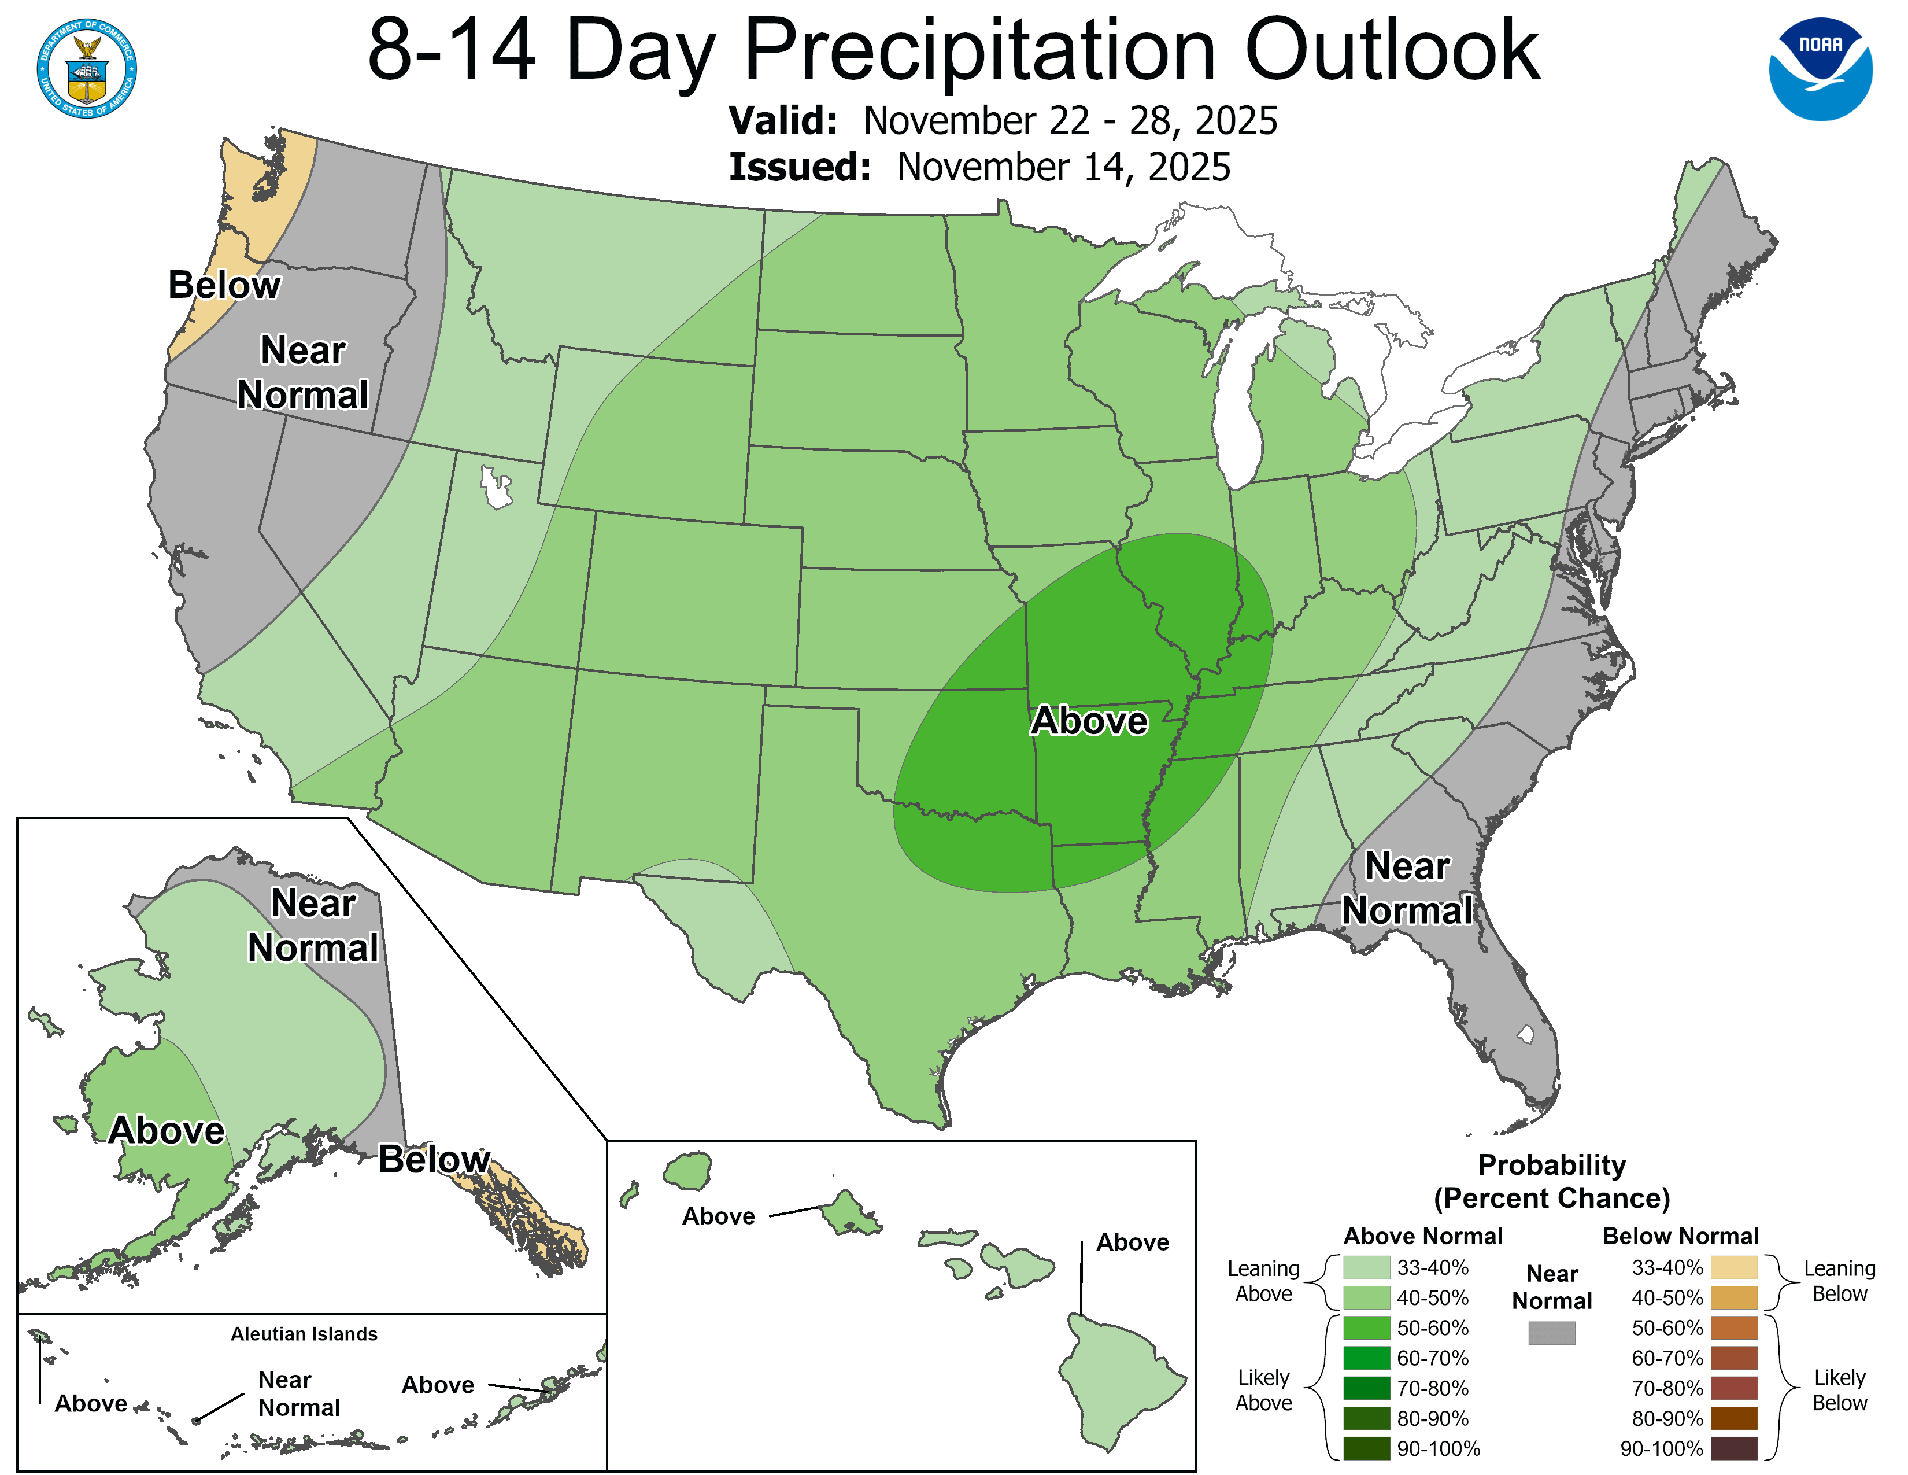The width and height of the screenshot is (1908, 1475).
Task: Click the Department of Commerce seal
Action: click(87, 68)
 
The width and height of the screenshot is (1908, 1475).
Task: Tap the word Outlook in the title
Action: click(1392, 51)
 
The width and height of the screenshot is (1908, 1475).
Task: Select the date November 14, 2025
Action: click(1063, 168)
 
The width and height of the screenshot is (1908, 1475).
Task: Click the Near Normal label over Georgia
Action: click(1407, 888)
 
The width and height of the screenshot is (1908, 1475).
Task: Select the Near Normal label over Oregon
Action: click(303, 373)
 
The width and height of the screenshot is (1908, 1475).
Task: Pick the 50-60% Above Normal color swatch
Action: click(1366, 1328)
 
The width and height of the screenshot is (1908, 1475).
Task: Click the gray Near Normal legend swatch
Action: click(1552, 1333)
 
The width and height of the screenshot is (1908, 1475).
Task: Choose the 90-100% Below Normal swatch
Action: click(1733, 1449)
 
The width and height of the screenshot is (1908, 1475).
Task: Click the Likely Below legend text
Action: click(1839, 1390)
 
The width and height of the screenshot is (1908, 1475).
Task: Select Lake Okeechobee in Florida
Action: click(1525, 1035)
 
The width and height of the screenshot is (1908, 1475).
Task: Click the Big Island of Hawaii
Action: click(1118, 1381)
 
